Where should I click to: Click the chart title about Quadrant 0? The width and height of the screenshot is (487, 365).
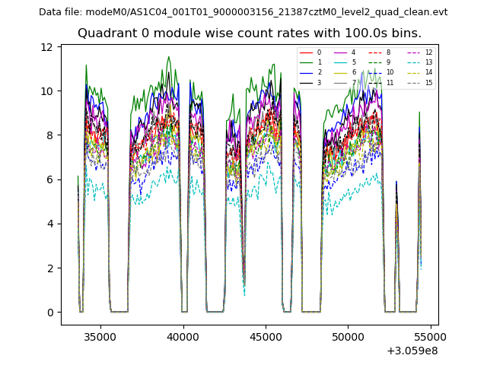click(x=249, y=33)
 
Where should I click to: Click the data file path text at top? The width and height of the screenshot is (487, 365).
click(x=243, y=12)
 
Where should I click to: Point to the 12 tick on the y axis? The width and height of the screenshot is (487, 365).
click(x=47, y=47)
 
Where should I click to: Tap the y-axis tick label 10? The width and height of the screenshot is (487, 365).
click(x=47, y=91)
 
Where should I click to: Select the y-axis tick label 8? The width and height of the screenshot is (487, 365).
click(x=49, y=135)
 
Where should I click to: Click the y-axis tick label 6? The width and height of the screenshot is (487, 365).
click(x=49, y=179)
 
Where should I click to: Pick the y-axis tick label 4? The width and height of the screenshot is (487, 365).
click(x=49, y=224)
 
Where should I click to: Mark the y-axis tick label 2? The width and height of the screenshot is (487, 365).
click(x=49, y=268)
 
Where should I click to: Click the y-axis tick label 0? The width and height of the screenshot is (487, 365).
click(x=49, y=313)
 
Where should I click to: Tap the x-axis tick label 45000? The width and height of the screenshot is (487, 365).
click(x=266, y=335)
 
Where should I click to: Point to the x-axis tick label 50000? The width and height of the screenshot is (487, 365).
click(x=348, y=335)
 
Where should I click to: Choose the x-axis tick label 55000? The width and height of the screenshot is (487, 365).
click(x=431, y=335)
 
